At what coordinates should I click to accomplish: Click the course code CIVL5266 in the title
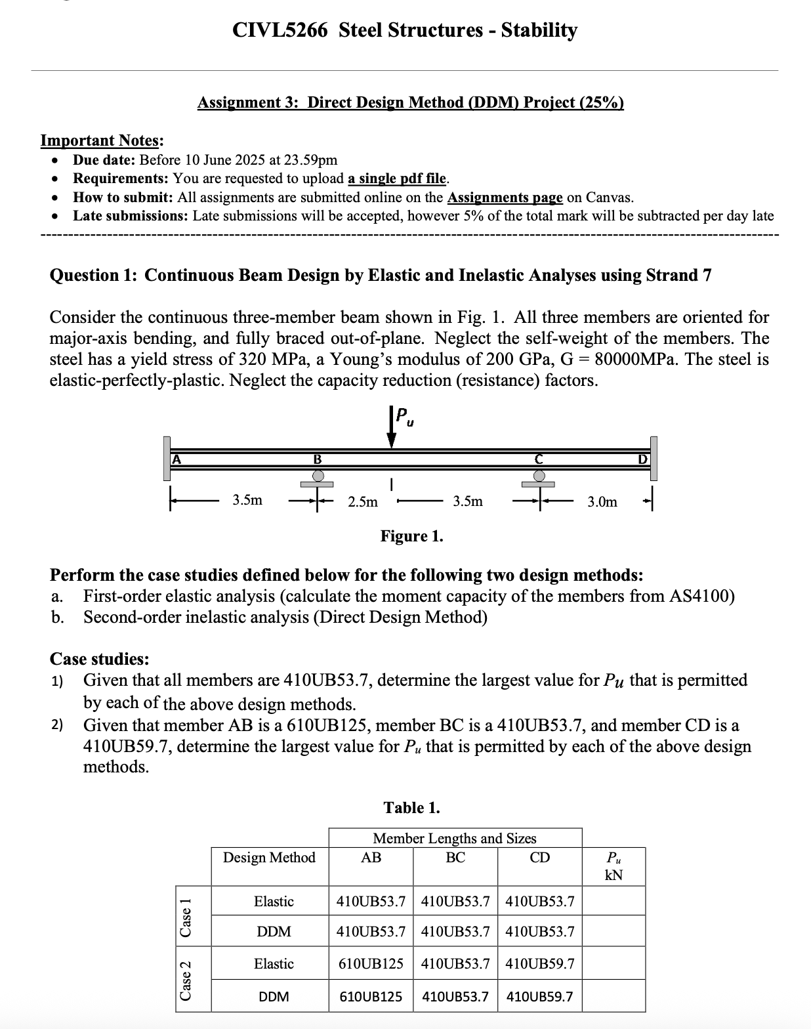280,30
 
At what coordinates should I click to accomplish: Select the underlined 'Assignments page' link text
504,198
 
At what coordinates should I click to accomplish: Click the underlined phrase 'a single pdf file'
397,178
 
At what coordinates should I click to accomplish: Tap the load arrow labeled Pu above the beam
392,428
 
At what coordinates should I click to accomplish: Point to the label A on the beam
175,459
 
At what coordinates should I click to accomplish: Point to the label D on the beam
643,459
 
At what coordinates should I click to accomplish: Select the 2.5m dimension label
363,502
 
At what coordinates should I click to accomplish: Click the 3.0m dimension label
602,502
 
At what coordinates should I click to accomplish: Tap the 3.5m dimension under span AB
247,500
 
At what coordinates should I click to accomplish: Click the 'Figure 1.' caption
411,536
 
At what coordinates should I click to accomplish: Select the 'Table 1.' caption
411,808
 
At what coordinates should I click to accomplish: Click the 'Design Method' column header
269,858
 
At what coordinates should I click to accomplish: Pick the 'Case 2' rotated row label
186,979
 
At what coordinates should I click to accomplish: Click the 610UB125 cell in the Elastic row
371,964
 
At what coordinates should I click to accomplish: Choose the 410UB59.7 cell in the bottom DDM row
540,997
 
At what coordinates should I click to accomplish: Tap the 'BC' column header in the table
455,858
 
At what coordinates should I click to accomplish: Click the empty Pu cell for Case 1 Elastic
613,902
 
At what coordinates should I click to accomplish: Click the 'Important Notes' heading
102,140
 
